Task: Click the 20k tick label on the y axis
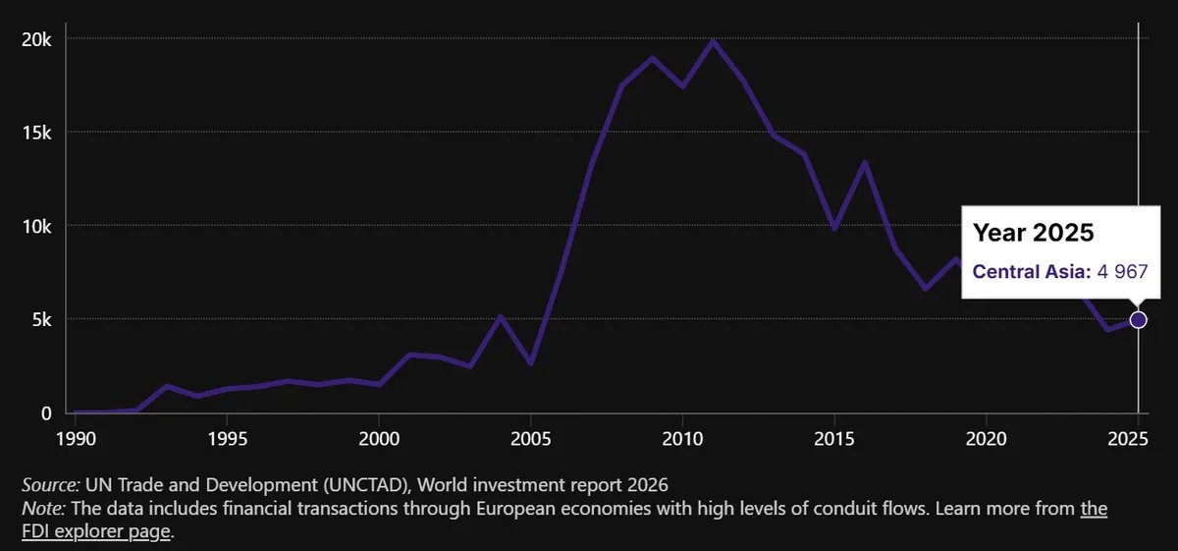(36, 40)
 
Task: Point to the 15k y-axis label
(36, 134)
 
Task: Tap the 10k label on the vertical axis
(36, 227)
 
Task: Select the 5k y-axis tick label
(41, 320)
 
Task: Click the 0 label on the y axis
(46, 413)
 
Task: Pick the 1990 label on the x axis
(76, 438)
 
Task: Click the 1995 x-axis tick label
(227, 438)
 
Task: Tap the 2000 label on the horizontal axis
(379, 438)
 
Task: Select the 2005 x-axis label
(531, 438)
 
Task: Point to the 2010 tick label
(682, 438)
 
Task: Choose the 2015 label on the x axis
(834, 438)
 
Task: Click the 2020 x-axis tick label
(986, 438)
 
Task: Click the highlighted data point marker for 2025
(1138, 320)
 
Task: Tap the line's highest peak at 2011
(713, 40)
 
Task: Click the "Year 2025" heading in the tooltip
(1033, 232)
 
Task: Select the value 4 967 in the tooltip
(1122, 271)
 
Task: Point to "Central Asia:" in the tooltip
(1032, 271)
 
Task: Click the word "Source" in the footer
(50, 484)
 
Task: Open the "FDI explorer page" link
(96, 531)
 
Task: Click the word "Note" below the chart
(42, 509)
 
